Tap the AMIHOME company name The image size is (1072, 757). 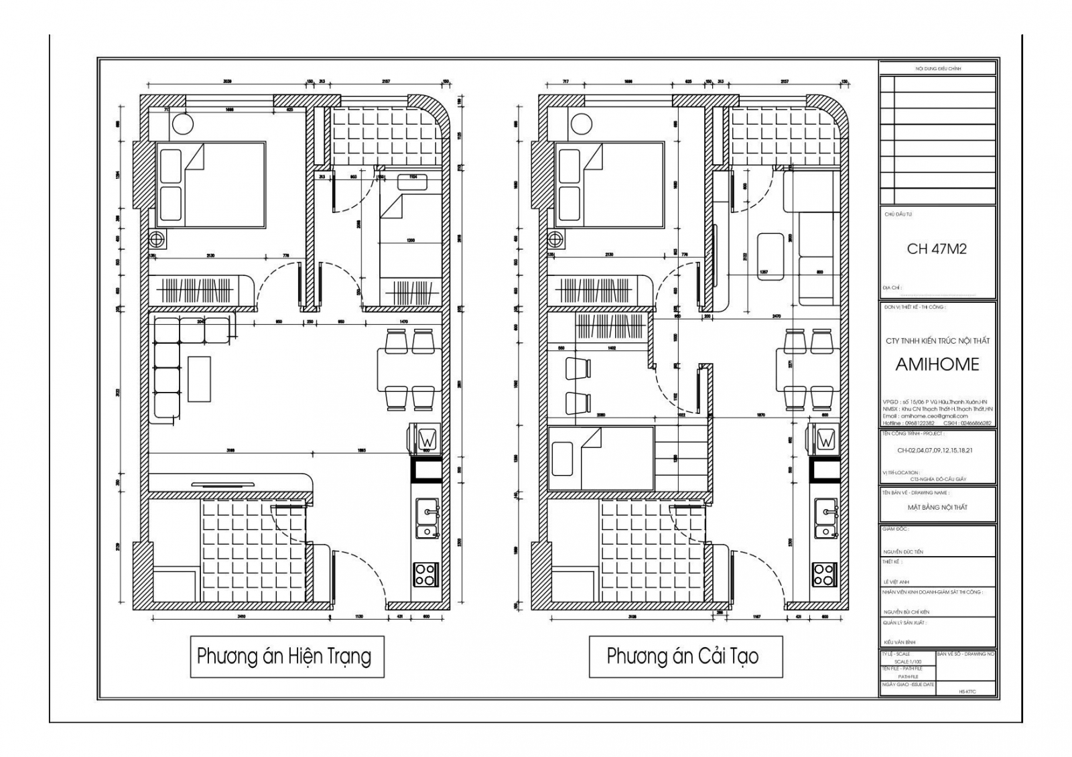pos(937,364)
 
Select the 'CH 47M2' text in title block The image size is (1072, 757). pos(937,249)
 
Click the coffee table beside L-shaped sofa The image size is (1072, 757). pos(199,378)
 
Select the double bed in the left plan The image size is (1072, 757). pos(211,185)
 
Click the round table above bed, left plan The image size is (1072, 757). pos(182,124)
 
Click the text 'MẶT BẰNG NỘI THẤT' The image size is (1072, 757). pos(937,507)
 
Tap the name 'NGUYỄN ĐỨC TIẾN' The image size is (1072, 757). pos(903,552)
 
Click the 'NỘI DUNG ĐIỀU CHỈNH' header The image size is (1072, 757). pos(938,69)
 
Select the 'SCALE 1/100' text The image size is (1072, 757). pos(908,661)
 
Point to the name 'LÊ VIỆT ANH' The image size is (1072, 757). pos(896,582)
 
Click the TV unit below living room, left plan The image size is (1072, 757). pos(231,482)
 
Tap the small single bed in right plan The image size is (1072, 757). pos(600,459)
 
